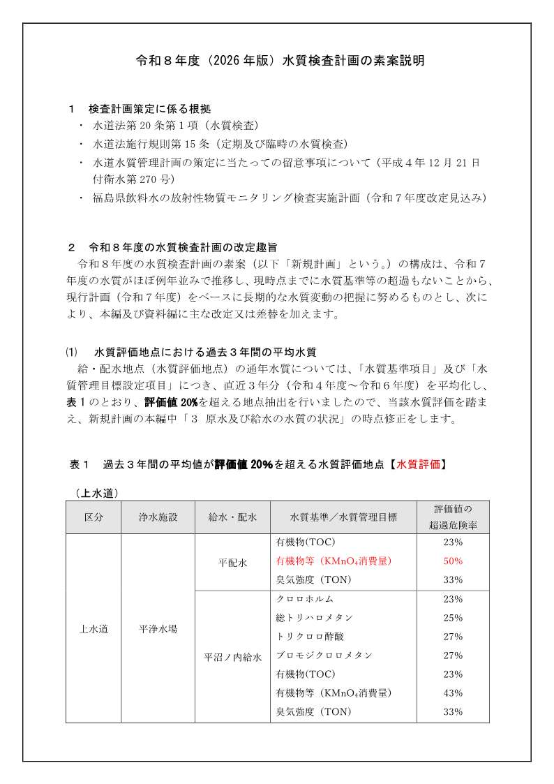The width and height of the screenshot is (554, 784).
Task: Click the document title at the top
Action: click(x=279, y=61)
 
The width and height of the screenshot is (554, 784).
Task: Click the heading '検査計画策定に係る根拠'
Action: click(x=149, y=109)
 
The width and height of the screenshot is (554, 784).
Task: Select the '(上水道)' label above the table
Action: click(x=96, y=493)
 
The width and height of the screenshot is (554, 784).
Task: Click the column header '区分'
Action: click(x=93, y=517)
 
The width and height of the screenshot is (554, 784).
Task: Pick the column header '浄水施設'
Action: click(x=158, y=517)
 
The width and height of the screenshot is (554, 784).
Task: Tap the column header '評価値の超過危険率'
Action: click(x=453, y=517)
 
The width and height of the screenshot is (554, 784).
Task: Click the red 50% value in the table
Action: click(x=453, y=561)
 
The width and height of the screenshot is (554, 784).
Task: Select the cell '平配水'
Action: click(x=232, y=561)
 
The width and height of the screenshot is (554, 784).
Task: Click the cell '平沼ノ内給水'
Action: click(x=232, y=657)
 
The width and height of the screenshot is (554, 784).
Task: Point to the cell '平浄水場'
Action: click(x=158, y=628)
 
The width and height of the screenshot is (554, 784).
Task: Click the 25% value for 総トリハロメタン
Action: click(x=453, y=618)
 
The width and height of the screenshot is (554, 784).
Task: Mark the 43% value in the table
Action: click(x=453, y=693)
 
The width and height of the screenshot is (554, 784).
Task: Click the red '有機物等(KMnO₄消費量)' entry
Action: click(x=334, y=561)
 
